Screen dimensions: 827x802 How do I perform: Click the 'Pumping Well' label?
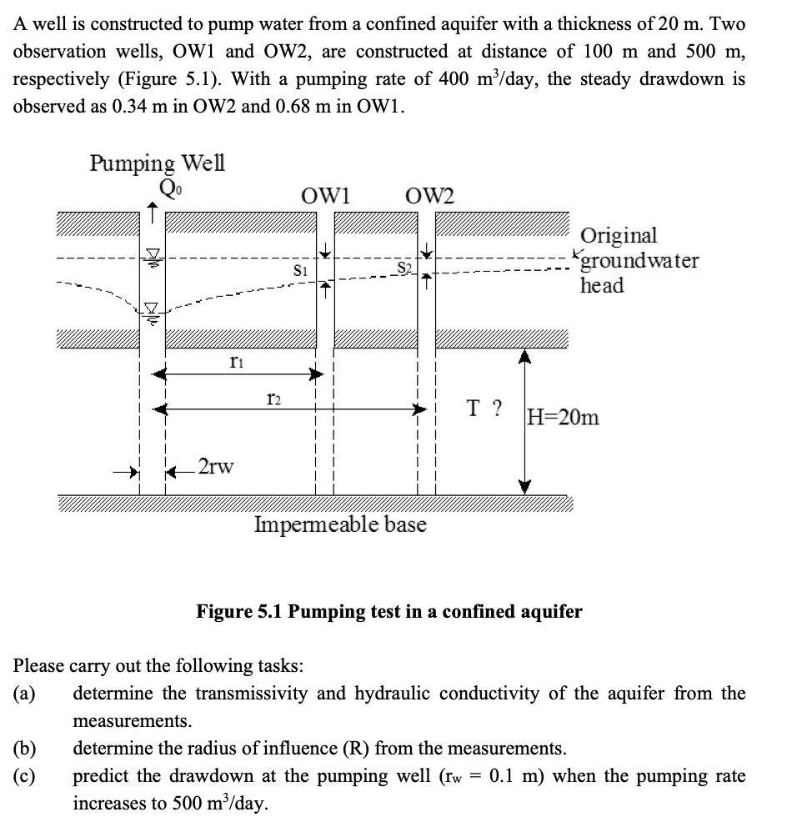click(157, 161)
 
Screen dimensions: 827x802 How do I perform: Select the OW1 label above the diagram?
click(325, 197)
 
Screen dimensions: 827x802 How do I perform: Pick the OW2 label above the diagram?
click(430, 197)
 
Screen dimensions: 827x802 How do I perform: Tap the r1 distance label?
click(236, 360)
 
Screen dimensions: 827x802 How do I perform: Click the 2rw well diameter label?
click(216, 465)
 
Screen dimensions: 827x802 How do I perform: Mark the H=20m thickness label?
click(563, 416)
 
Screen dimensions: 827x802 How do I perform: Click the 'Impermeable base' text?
click(340, 524)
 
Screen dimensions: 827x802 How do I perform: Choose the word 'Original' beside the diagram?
click(619, 236)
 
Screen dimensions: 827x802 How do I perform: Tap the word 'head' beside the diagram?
click(602, 285)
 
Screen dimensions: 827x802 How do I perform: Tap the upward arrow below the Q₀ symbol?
click(152, 210)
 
